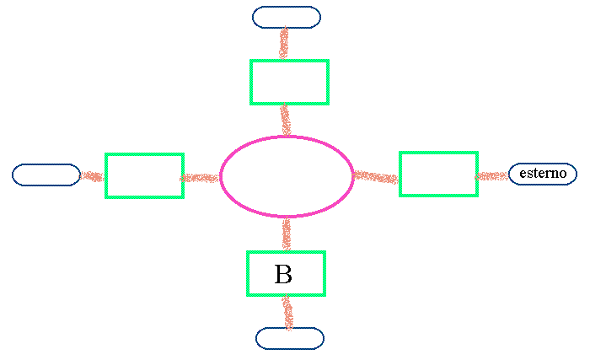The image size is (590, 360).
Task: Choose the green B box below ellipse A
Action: point(286,273)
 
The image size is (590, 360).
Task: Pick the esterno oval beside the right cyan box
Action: point(543,174)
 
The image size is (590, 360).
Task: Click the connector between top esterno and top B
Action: point(286,44)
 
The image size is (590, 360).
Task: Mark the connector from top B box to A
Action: point(287,120)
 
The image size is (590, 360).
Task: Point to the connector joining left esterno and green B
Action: point(93,176)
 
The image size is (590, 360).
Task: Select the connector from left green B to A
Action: point(201,177)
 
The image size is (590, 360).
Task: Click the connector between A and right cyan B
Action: point(376,177)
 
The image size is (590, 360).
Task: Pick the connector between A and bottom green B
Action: point(287,234)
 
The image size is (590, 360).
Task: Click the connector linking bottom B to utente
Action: point(287,311)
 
